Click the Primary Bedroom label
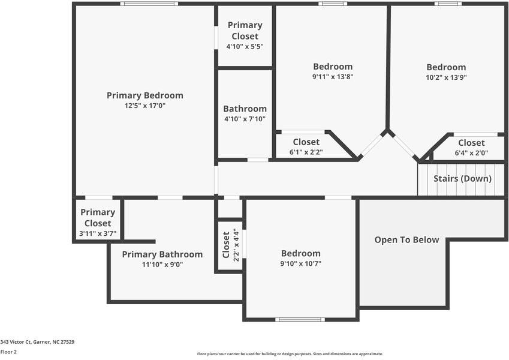click(x=144, y=95)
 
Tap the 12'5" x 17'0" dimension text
click(x=144, y=106)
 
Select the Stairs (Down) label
click(x=462, y=179)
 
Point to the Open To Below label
click(x=406, y=240)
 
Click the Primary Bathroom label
click(x=162, y=254)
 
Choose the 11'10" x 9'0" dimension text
click(x=162, y=265)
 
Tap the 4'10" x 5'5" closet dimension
click(x=245, y=46)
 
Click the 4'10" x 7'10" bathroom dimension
click(x=245, y=119)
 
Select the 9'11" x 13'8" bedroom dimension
click(x=333, y=77)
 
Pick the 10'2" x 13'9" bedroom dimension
click(x=445, y=77)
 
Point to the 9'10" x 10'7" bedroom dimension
click(x=301, y=263)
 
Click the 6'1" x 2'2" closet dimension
click(x=306, y=152)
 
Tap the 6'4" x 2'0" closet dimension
click(x=471, y=153)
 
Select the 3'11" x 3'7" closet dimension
click(x=98, y=233)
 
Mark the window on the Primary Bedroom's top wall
click(x=149, y=4)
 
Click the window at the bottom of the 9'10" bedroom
click(x=299, y=319)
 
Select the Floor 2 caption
click(x=8, y=352)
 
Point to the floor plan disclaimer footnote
click(x=290, y=354)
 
